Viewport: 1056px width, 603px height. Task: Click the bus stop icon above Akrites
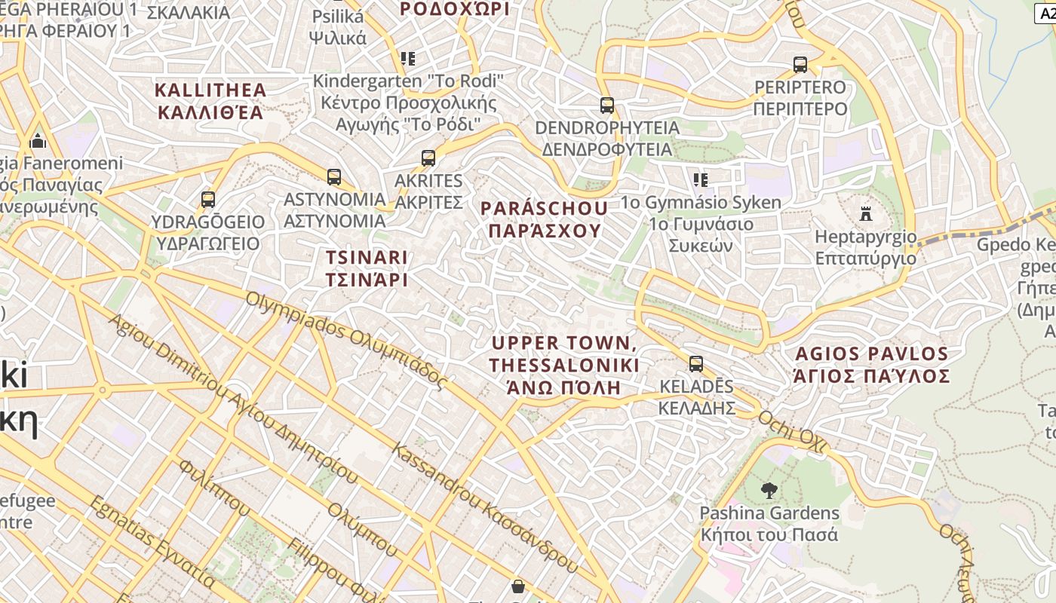coord(428,158)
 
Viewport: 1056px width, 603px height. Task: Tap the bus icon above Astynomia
coord(334,177)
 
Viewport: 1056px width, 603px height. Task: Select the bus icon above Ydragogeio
coord(208,200)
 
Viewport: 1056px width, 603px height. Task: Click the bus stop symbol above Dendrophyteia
coord(607,106)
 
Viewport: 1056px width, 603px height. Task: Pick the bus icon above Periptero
coord(800,65)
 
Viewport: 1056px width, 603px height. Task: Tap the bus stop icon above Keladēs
coord(696,364)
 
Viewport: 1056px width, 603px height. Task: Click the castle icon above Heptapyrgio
coord(866,215)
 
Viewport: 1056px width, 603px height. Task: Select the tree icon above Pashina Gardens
coord(769,491)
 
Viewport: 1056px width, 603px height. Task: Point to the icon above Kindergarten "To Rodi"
coord(408,58)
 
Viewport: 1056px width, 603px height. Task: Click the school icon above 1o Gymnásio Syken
coord(701,179)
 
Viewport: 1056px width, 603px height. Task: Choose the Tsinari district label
coord(367,268)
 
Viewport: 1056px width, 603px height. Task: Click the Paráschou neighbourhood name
coord(544,219)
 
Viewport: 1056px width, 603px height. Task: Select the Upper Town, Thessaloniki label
coord(564,366)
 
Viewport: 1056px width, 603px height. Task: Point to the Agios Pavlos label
coord(872,365)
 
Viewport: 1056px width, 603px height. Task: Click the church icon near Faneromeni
coord(38,141)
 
